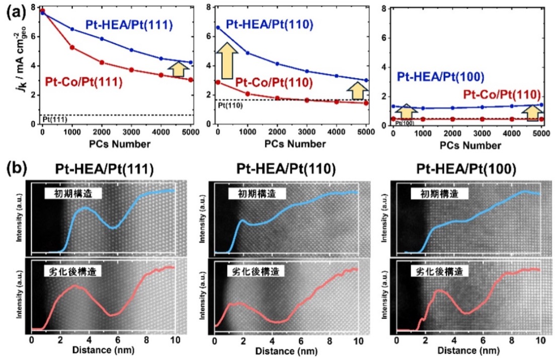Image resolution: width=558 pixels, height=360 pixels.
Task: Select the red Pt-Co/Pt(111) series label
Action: pyautogui.click(x=84, y=82)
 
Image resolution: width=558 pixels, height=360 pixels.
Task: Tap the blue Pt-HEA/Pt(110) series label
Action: pyautogui.click(x=269, y=24)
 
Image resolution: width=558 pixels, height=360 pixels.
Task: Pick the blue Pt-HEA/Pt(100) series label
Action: pyautogui.click(x=441, y=77)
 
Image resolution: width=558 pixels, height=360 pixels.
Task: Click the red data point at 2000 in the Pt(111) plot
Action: pyautogui.click(x=102, y=62)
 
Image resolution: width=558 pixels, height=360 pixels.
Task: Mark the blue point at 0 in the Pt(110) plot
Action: pyautogui.click(x=218, y=27)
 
